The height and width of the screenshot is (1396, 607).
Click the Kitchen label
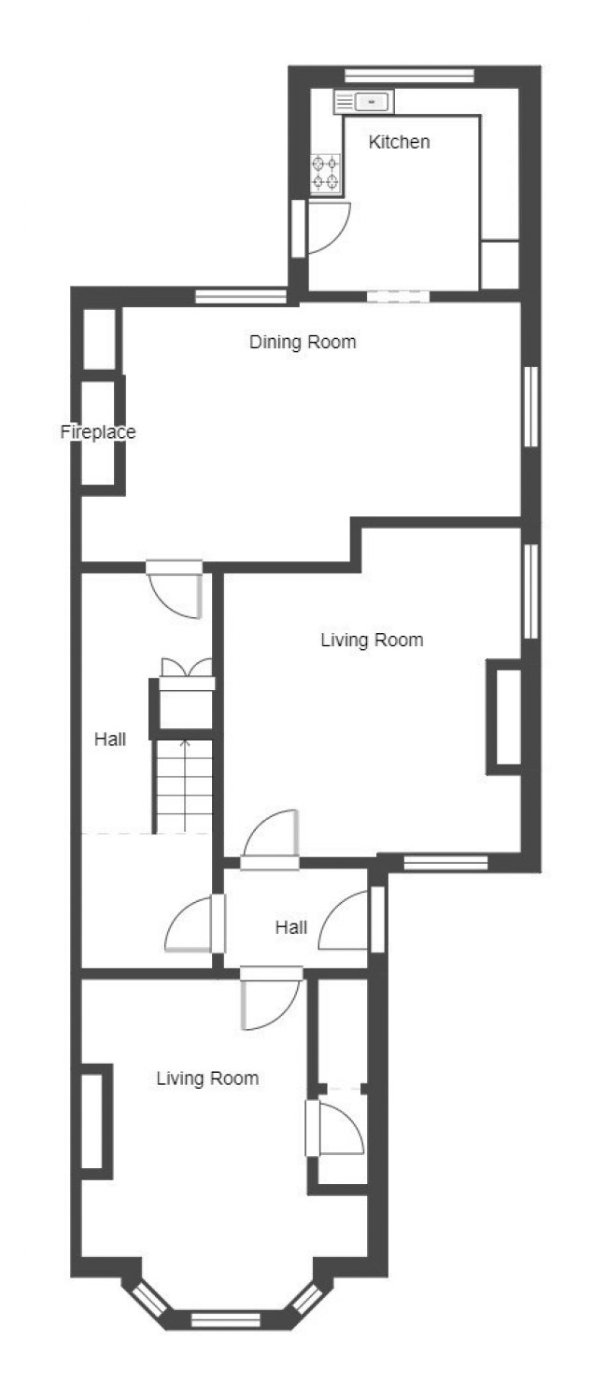(399, 142)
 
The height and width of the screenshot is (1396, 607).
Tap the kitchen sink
(364, 101)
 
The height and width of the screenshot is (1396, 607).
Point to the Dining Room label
(303, 342)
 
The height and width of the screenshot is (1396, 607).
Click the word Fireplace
(98, 432)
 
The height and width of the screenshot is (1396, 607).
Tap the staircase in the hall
(183, 786)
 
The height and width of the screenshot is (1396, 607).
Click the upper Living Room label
(372, 640)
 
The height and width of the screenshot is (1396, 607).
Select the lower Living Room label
(207, 1079)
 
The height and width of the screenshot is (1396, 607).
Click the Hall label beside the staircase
(110, 740)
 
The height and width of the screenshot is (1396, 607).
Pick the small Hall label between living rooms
(291, 927)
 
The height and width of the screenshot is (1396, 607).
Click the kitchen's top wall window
(409, 76)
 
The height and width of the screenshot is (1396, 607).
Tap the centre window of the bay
(225, 1318)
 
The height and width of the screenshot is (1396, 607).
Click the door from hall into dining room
(176, 588)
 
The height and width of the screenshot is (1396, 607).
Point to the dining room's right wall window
(531, 406)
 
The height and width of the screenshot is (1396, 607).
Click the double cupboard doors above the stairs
(187, 668)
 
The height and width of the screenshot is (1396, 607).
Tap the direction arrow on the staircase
(185, 785)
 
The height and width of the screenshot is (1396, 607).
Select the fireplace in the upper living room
(503, 717)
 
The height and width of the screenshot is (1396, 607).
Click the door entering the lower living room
(271, 997)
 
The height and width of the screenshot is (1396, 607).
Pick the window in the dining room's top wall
(241, 297)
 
